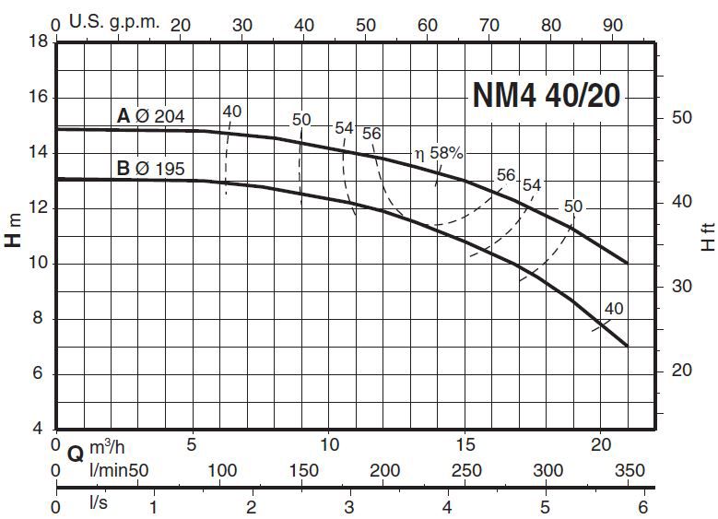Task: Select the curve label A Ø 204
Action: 151,116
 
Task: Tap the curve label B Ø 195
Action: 151,169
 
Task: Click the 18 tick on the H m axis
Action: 38,42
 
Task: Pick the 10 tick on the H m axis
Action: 38,264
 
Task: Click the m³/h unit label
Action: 109,448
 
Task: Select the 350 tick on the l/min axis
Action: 630,471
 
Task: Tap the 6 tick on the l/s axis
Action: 643,505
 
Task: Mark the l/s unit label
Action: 99,505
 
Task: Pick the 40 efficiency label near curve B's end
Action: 613,309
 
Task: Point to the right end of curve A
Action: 627,263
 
